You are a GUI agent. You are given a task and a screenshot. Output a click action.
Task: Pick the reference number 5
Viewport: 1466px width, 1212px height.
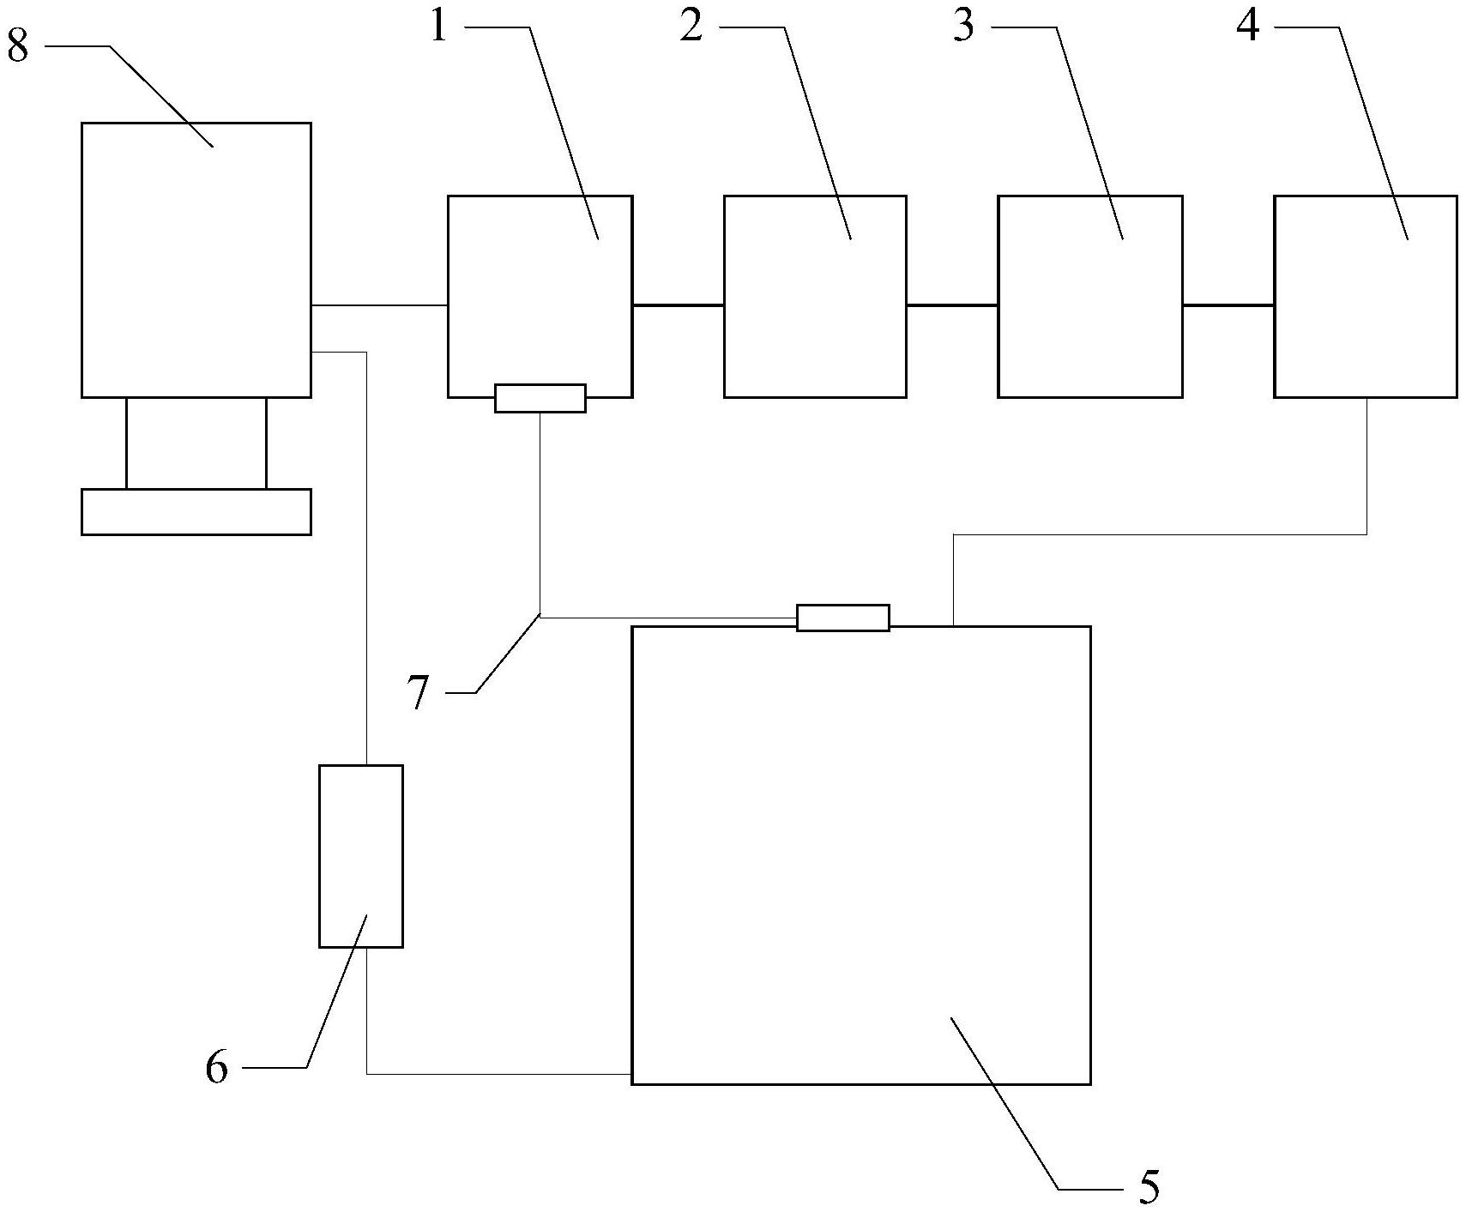coord(1149,1186)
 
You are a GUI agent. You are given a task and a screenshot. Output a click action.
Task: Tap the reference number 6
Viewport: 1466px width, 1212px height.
coord(217,1068)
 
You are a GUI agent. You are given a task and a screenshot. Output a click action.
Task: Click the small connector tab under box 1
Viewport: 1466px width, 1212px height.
coord(540,398)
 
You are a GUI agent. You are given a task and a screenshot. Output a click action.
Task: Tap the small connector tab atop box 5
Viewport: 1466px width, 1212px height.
coord(842,618)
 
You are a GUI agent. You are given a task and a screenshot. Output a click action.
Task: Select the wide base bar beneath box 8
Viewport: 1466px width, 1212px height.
coord(196,511)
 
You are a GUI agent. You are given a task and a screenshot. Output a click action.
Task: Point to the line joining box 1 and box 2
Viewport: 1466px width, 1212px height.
coord(678,305)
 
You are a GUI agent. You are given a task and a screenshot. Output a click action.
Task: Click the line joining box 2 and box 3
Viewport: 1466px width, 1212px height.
coord(951,305)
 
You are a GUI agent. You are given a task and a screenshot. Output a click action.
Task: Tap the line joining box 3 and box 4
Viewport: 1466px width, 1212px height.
coord(1228,305)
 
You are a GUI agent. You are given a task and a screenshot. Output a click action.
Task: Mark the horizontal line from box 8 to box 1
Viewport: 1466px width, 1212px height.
coord(379,305)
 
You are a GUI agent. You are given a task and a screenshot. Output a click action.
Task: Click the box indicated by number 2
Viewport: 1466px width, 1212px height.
coord(815,296)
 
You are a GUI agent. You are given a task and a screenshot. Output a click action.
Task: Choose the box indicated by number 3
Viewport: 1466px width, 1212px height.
coord(1089,296)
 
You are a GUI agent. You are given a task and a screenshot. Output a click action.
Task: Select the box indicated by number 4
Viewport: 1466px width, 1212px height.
coord(1365,296)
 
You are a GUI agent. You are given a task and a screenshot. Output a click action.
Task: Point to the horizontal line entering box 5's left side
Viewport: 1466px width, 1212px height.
coord(498,1073)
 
